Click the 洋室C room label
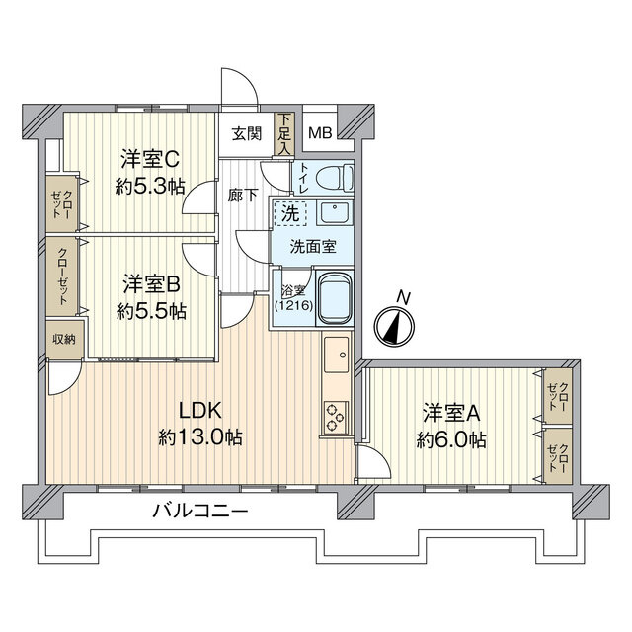point(148,157)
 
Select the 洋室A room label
point(452,412)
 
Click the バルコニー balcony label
point(200,511)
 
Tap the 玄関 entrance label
point(247,135)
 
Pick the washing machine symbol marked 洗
point(290,211)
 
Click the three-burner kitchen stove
point(334,417)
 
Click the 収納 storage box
point(63,338)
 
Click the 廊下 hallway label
point(244,195)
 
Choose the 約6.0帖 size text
point(451,439)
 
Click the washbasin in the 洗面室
point(336,213)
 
